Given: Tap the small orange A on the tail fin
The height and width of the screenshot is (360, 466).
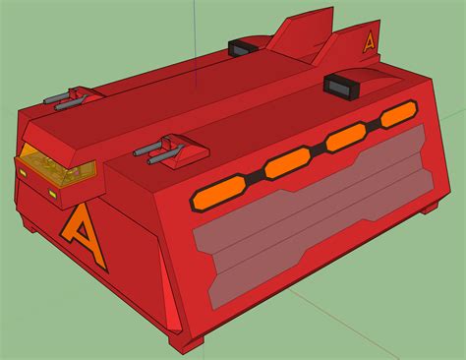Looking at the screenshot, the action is pyautogui.click(x=370, y=43).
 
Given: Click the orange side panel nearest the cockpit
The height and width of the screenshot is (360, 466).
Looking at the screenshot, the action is pyautogui.click(x=217, y=194).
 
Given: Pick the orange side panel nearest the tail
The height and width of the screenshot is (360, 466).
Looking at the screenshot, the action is pyautogui.click(x=399, y=114).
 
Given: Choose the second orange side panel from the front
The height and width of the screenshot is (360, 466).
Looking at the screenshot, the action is pyautogui.click(x=287, y=163).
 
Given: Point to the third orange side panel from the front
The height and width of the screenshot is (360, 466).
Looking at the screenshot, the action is pyautogui.click(x=346, y=138).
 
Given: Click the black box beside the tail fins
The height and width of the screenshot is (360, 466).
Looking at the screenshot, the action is pyautogui.click(x=243, y=48).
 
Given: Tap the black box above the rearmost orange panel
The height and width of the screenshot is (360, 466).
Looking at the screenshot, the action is pyautogui.click(x=341, y=87).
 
